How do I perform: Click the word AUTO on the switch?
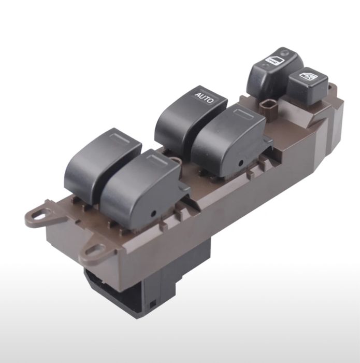(204, 98)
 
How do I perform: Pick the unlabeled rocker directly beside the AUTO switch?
(229, 139)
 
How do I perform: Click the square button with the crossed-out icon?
(308, 86)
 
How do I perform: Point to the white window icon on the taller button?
(275, 61)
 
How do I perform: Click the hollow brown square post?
(269, 107)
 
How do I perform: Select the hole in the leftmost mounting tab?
(38, 216)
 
